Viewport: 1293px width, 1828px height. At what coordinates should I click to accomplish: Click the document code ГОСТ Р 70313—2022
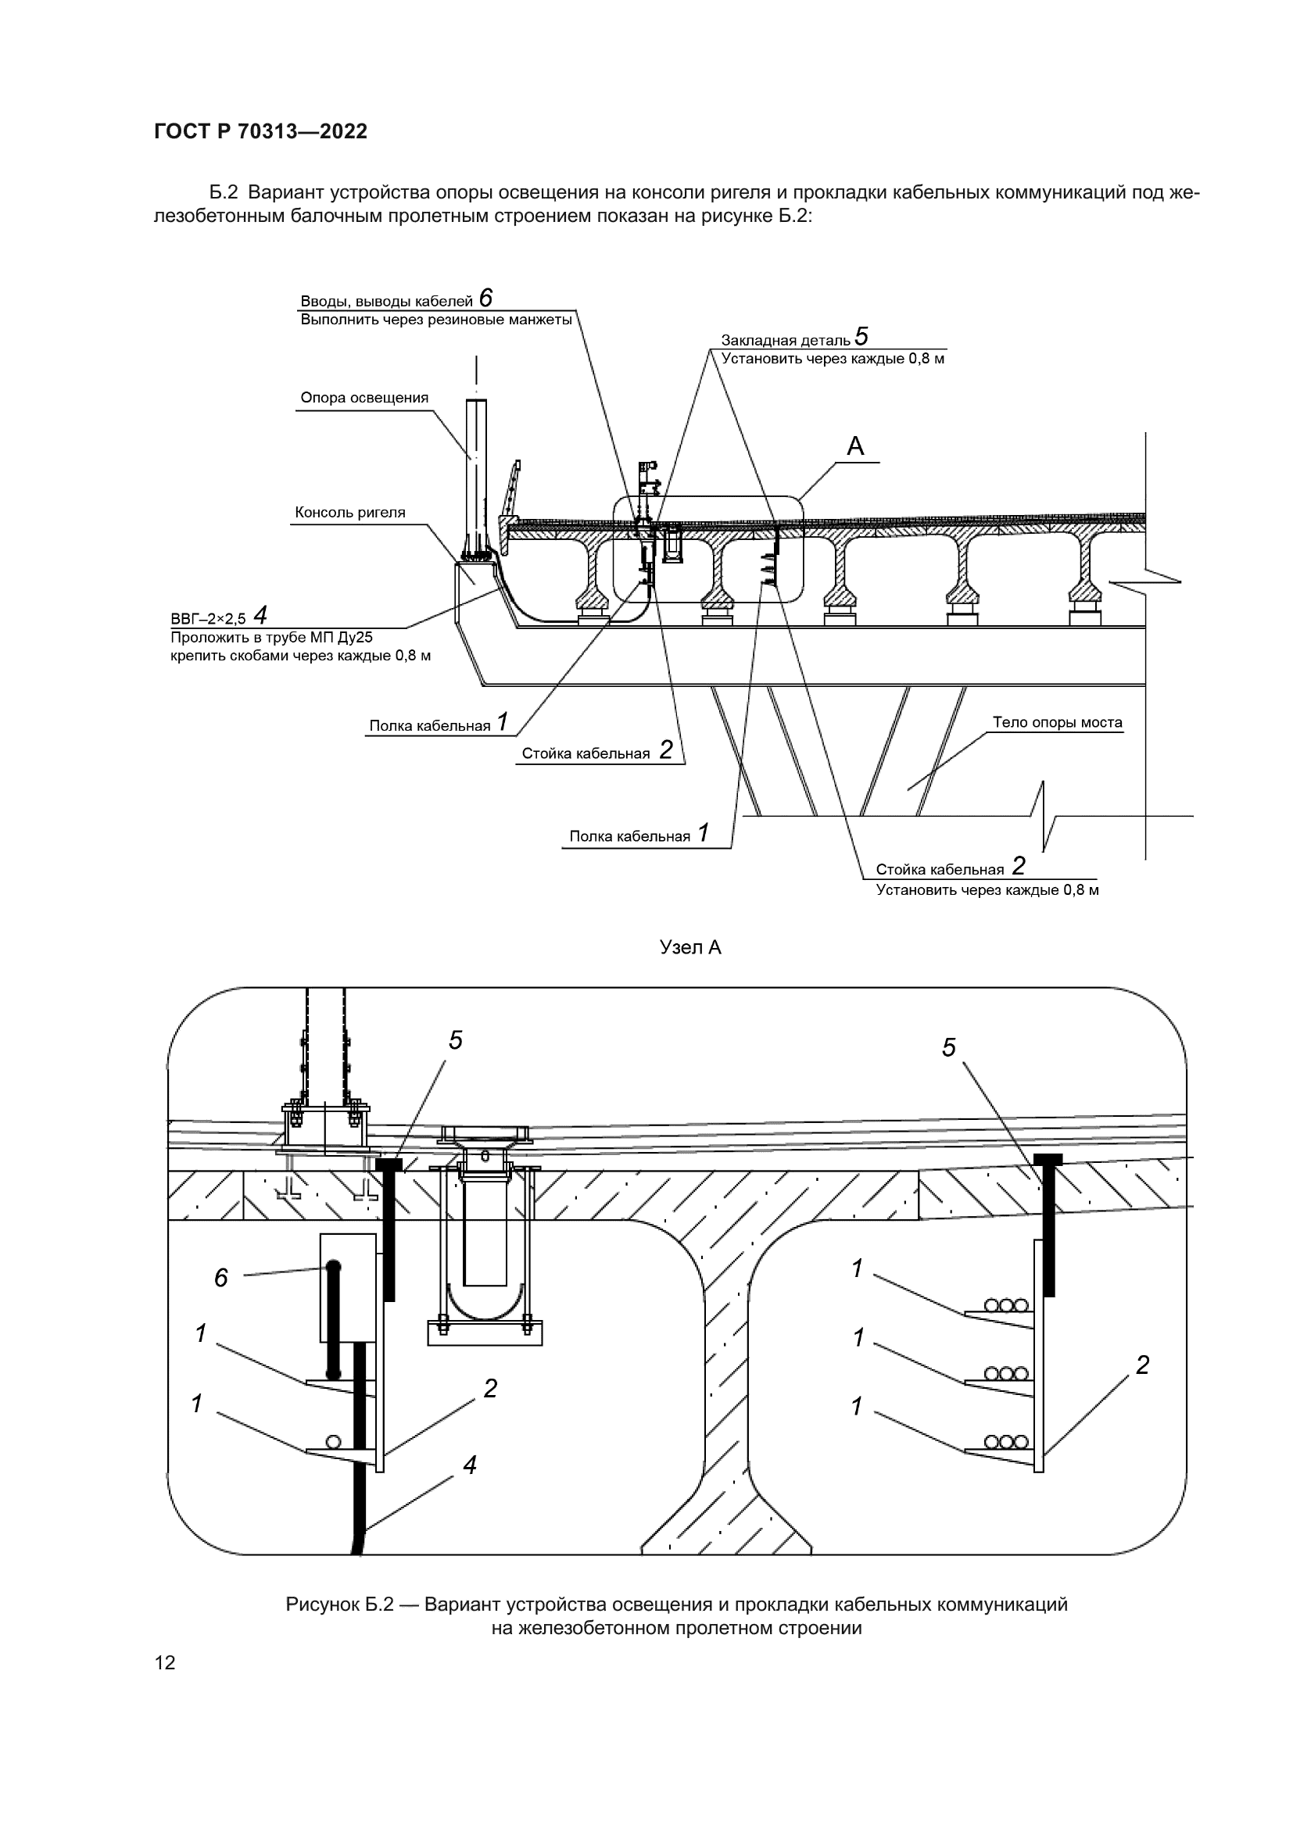pyautogui.click(x=260, y=132)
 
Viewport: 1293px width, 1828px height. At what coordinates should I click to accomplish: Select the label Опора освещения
pyautogui.click(x=364, y=398)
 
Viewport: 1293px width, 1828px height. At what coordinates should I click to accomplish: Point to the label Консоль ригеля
pyautogui.click(x=349, y=513)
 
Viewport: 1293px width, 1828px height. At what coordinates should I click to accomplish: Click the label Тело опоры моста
pyautogui.click(x=1057, y=723)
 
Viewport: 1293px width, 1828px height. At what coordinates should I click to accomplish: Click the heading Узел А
pyautogui.click(x=690, y=947)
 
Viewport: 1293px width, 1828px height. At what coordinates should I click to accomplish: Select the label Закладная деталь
pyautogui.click(x=785, y=341)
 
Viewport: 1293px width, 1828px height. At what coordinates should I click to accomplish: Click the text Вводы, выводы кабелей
pyautogui.click(x=386, y=302)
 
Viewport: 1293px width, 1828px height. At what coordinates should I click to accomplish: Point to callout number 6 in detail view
pyautogui.click(x=221, y=1278)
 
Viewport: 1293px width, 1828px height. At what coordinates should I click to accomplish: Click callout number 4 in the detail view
pyautogui.click(x=470, y=1465)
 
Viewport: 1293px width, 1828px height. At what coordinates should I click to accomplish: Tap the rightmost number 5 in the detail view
pyautogui.click(x=948, y=1048)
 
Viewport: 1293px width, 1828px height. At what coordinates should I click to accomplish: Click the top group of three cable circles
pyautogui.click(x=1006, y=1306)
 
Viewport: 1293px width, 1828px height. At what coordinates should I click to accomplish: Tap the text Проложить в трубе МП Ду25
pyautogui.click(x=271, y=638)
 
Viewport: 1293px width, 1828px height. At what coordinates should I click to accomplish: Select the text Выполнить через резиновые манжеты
pyautogui.click(x=436, y=320)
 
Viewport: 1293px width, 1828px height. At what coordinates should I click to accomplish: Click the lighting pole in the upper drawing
pyautogui.click(x=477, y=470)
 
